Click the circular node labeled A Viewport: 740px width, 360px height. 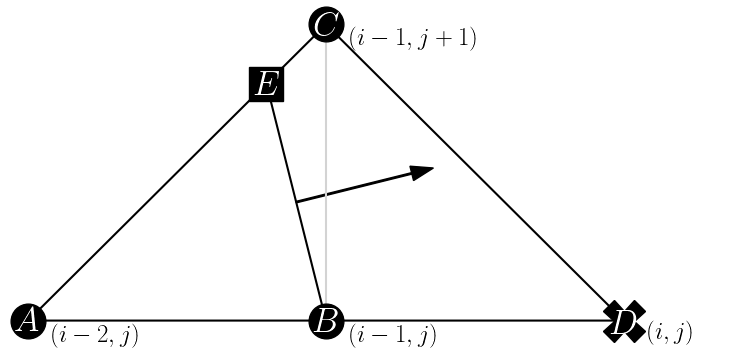(x=28, y=320)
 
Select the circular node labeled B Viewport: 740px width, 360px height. (x=325, y=320)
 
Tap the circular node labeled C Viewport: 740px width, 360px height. (x=326, y=24)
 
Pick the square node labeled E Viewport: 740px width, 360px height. (x=266, y=84)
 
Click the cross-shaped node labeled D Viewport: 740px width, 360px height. (x=625, y=321)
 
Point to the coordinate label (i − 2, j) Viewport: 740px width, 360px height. (x=94, y=335)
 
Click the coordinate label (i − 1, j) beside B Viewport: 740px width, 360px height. (x=392, y=335)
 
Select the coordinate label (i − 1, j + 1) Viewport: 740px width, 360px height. (x=412, y=39)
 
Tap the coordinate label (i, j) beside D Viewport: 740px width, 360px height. (x=669, y=329)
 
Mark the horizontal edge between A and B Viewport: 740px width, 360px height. (x=175, y=321)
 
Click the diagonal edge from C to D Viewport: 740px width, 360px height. (x=475, y=172)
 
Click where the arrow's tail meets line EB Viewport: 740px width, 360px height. (x=297, y=202)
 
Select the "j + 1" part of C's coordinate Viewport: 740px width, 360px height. (x=449, y=39)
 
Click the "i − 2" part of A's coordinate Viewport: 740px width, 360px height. (x=79, y=335)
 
